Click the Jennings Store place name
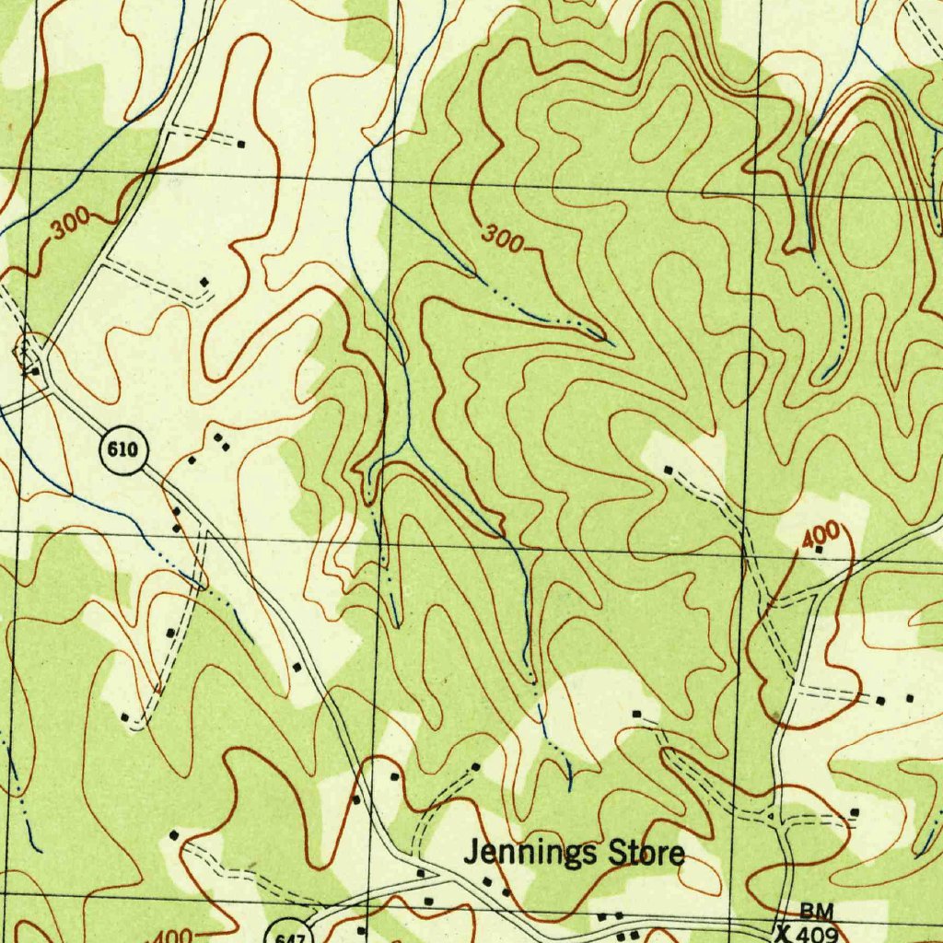(574, 854)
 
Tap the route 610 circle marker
(122, 450)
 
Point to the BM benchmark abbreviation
(816, 911)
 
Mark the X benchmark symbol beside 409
(784, 931)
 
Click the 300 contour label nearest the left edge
(70, 224)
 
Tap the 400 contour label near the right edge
(820, 534)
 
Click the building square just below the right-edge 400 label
(819, 550)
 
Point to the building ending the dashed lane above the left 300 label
(241, 144)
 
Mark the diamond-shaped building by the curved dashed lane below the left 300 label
(204, 281)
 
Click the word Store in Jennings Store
(647, 854)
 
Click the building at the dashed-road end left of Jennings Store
(174, 834)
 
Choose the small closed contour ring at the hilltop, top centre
(661, 125)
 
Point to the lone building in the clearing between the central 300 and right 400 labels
(669, 470)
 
